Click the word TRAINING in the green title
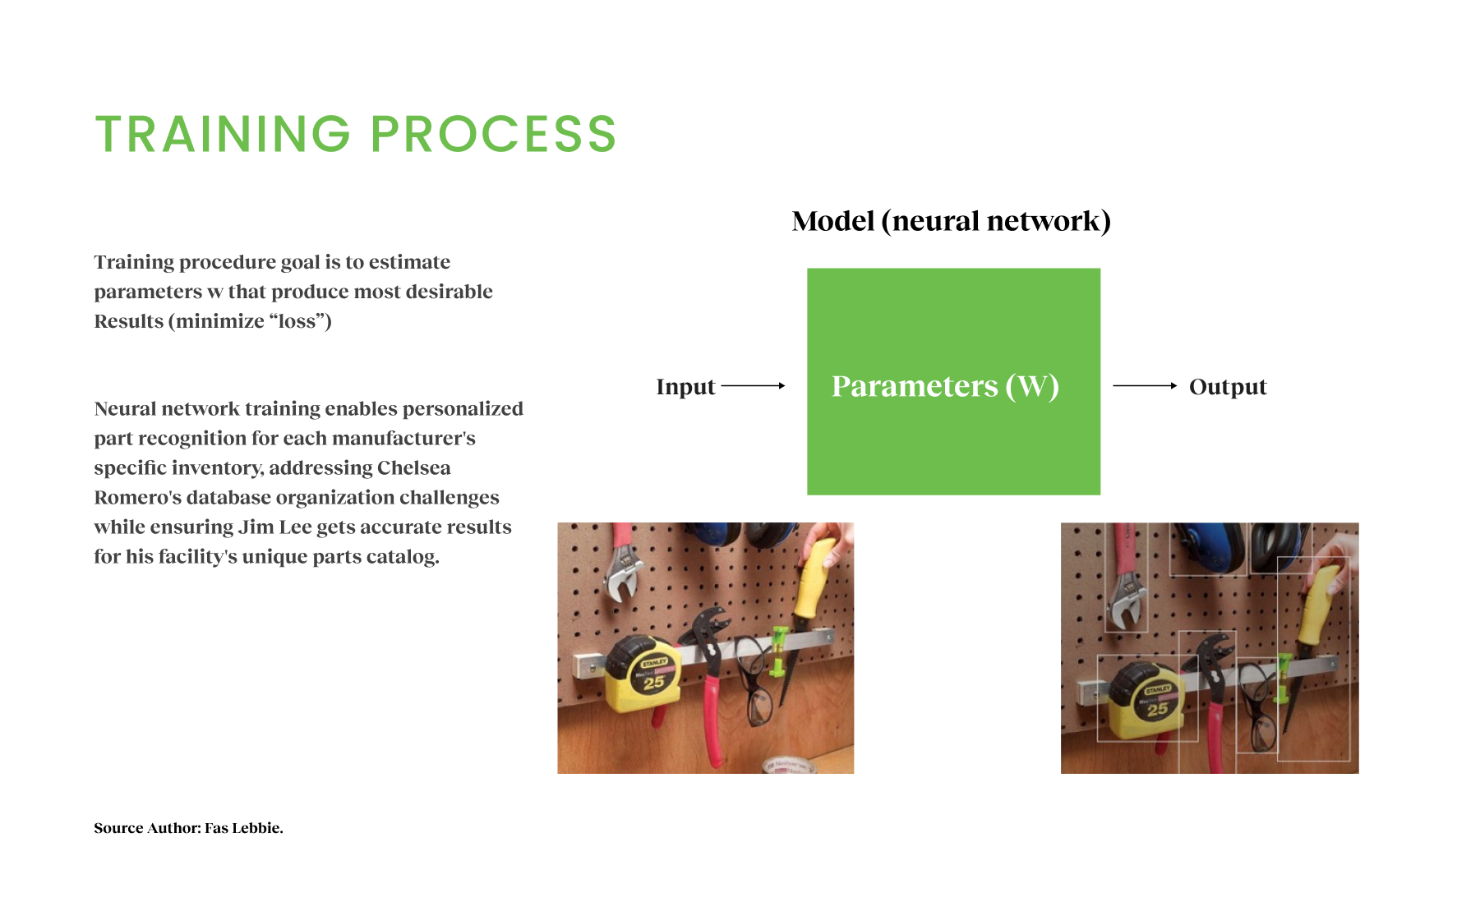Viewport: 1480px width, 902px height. (x=223, y=134)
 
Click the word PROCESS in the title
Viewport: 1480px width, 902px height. (x=493, y=134)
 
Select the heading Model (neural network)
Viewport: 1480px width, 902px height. (x=951, y=221)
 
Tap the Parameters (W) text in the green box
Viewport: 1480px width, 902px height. (x=945, y=386)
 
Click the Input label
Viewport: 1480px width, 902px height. (x=685, y=387)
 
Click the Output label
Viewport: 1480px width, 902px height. (x=1228, y=387)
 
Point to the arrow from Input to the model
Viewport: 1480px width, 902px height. (x=753, y=385)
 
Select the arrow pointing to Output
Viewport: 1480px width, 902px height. (x=1145, y=385)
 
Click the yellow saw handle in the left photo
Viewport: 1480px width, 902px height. (x=814, y=578)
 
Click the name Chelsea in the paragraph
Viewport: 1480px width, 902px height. (x=413, y=468)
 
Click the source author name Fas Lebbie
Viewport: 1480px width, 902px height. (x=243, y=828)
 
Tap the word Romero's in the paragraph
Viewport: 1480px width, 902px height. (x=137, y=498)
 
